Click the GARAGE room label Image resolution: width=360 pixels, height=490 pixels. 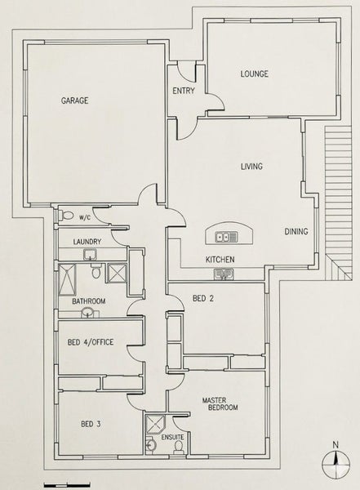coord(74,100)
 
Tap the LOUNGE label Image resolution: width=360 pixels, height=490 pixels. coord(254,74)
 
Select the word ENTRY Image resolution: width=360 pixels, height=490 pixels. coord(184,91)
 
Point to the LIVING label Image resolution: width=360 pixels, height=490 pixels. coord(251,167)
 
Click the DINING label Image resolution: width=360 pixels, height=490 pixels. coord(296,232)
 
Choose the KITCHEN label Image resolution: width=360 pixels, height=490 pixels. coord(220,260)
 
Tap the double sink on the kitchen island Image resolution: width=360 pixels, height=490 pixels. coord(226,237)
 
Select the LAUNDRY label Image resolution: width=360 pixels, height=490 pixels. coord(87,242)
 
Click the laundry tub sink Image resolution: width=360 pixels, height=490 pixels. coord(90,255)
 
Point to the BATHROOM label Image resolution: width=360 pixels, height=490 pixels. coord(89,301)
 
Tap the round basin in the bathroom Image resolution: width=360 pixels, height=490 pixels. coord(87,313)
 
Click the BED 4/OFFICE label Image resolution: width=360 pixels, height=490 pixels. coord(91,342)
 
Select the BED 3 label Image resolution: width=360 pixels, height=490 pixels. coord(91,424)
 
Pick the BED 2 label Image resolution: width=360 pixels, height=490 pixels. coord(203,298)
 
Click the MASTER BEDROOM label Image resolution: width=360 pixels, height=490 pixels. coord(220,403)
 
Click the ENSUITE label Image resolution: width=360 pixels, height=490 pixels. coord(172,437)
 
